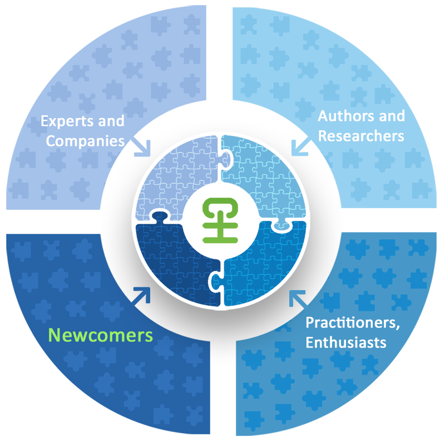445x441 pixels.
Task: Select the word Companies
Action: [x=85, y=140]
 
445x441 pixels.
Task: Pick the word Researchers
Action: [x=361, y=135]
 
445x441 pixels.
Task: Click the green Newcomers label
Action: [x=100, y=335]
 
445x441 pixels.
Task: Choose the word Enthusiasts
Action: [x=346, y=341]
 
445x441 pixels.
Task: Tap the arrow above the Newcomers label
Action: [x=141, y=296]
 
